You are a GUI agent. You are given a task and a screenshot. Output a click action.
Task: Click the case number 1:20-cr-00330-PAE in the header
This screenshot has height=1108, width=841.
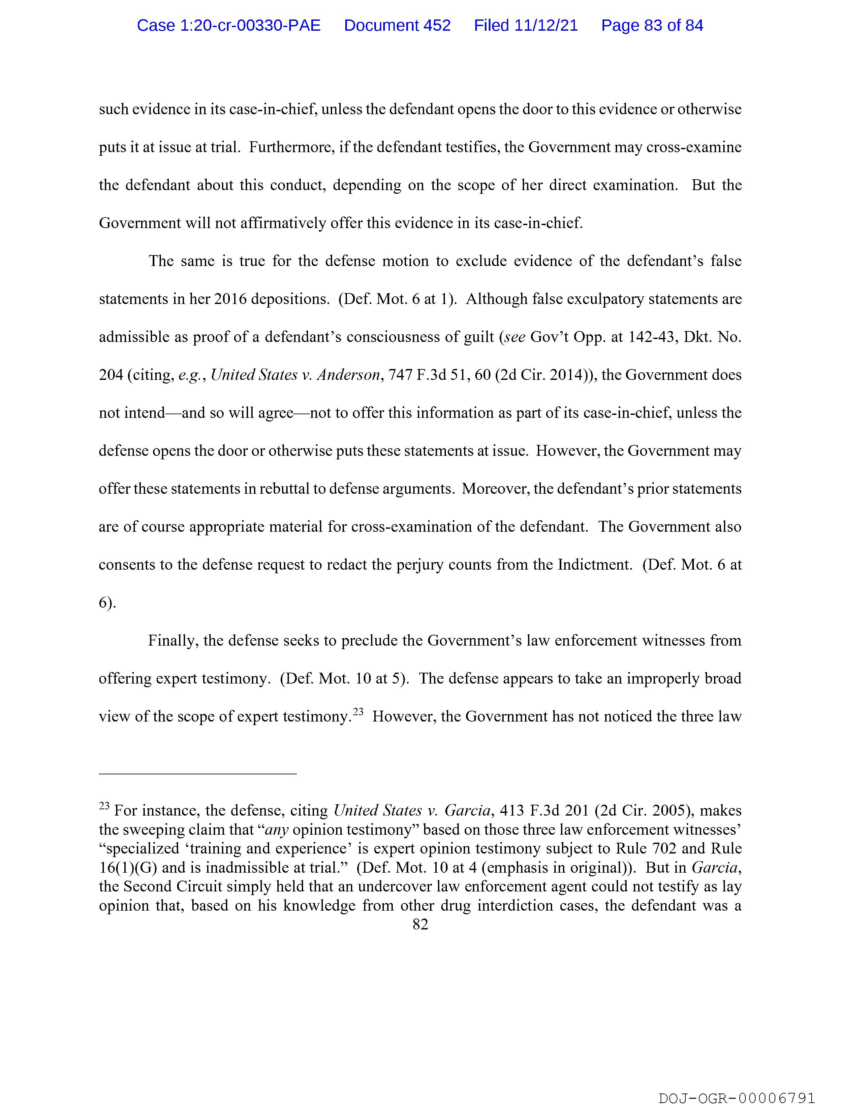click(229, 25)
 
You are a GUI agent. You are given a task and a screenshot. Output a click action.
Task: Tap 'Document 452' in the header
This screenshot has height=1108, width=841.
click(397, 25)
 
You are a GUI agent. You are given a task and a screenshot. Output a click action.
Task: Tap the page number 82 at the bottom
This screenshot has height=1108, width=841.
click(421, 924)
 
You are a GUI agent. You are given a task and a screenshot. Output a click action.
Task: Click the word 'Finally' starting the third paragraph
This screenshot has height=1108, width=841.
click(173, 641)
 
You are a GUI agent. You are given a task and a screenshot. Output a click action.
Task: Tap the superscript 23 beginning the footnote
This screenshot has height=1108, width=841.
click(104, 806)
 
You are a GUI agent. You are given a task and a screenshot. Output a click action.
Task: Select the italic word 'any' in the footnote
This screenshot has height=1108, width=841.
click(276, 830)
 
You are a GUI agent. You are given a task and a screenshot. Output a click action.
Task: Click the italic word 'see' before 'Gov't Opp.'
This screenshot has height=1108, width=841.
click(514, 337)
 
